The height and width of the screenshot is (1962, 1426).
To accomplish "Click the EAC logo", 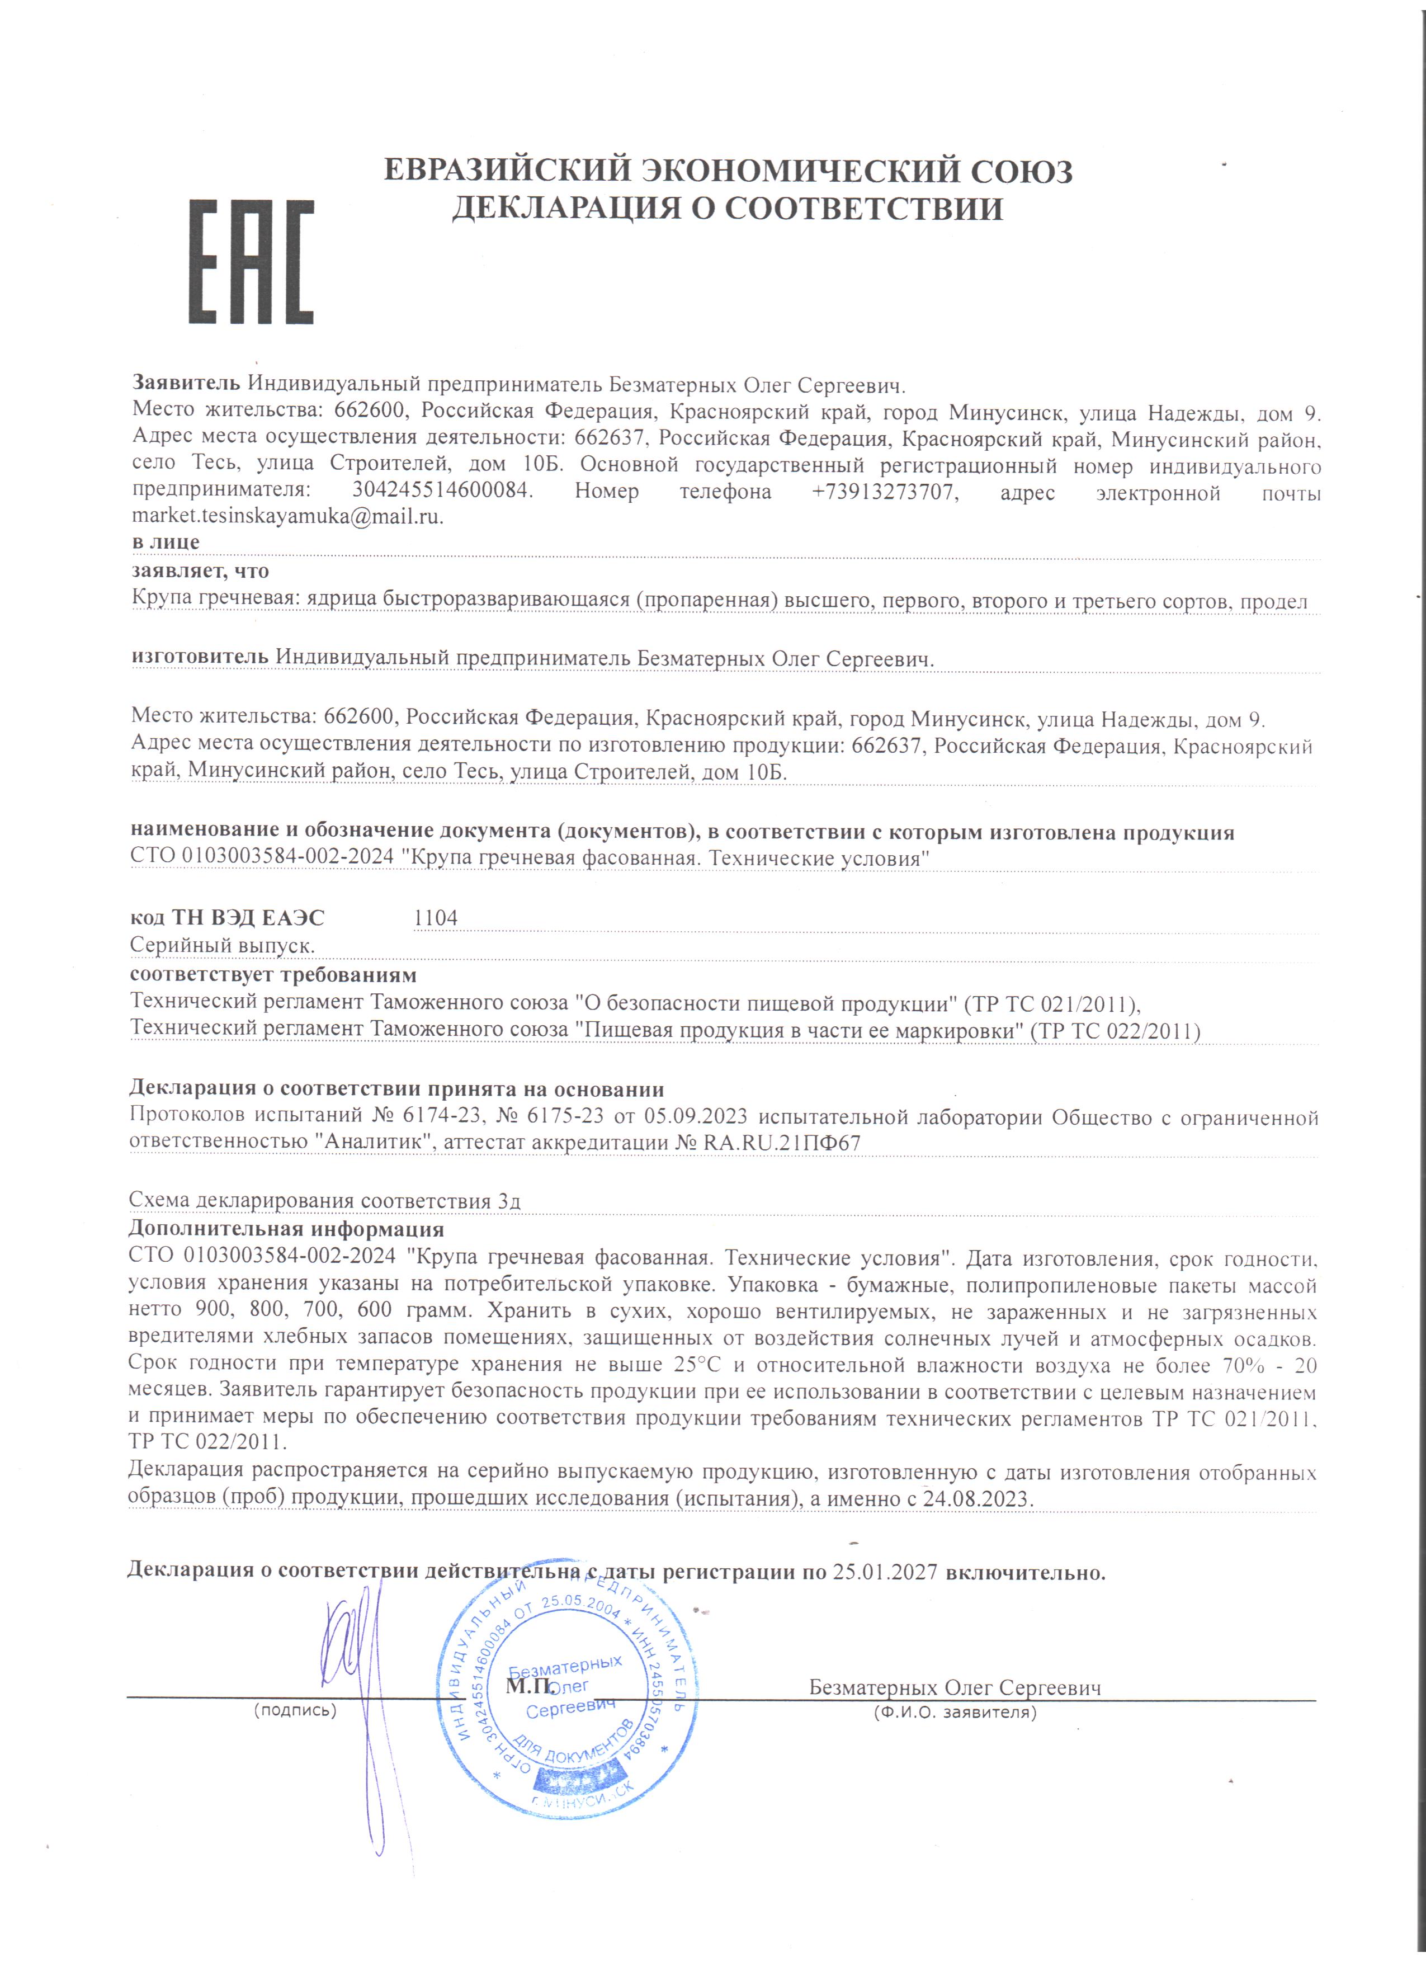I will click(x=251, y=262).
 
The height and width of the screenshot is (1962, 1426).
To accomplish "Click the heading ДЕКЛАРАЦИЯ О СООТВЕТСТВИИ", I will click(x=728, y=209).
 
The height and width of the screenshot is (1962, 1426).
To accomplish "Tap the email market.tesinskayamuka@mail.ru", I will click(x=287, y=516).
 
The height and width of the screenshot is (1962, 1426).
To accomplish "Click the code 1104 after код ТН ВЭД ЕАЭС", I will click(x=436, y=918).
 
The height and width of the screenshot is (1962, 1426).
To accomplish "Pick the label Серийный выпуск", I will click(x=221, y=946).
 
